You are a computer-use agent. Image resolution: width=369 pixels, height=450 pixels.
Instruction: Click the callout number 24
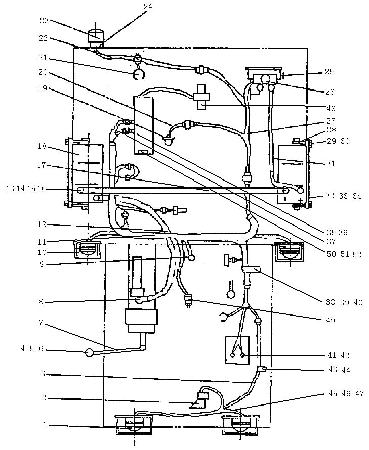pyautogui.click(x=147, y=7)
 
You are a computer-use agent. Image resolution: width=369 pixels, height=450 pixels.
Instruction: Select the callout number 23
pyautogui.click(x=44, y=21)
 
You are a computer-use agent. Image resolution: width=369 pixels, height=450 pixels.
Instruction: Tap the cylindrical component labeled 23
pyautogui.click(x=96, y=36)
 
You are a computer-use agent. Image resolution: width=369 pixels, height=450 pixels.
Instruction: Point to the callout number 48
pyautogui.click(x=330, y=108)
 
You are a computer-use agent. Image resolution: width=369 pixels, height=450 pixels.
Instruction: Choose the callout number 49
pyautogui.click(x=330, y=320)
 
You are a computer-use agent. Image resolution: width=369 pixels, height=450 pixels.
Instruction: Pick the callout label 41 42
pyautogui.click(x=338, y=356)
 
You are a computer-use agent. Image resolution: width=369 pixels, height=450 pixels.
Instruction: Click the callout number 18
pyautogui.click(x=42, y=146)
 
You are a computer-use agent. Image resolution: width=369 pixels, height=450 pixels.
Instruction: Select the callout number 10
pyautogui.click(x=42, y=252)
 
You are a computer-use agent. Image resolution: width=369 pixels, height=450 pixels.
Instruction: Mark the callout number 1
pyautogui.click(x=45, y=425)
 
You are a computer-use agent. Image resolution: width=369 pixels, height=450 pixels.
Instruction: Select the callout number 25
pyautogui.click(x=329, y=72)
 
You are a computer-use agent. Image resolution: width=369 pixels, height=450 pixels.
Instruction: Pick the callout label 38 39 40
pyautogui.click(x=344, y=302)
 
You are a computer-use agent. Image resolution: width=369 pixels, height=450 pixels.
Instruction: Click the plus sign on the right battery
pyautogui.click(x=301, y=201)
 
